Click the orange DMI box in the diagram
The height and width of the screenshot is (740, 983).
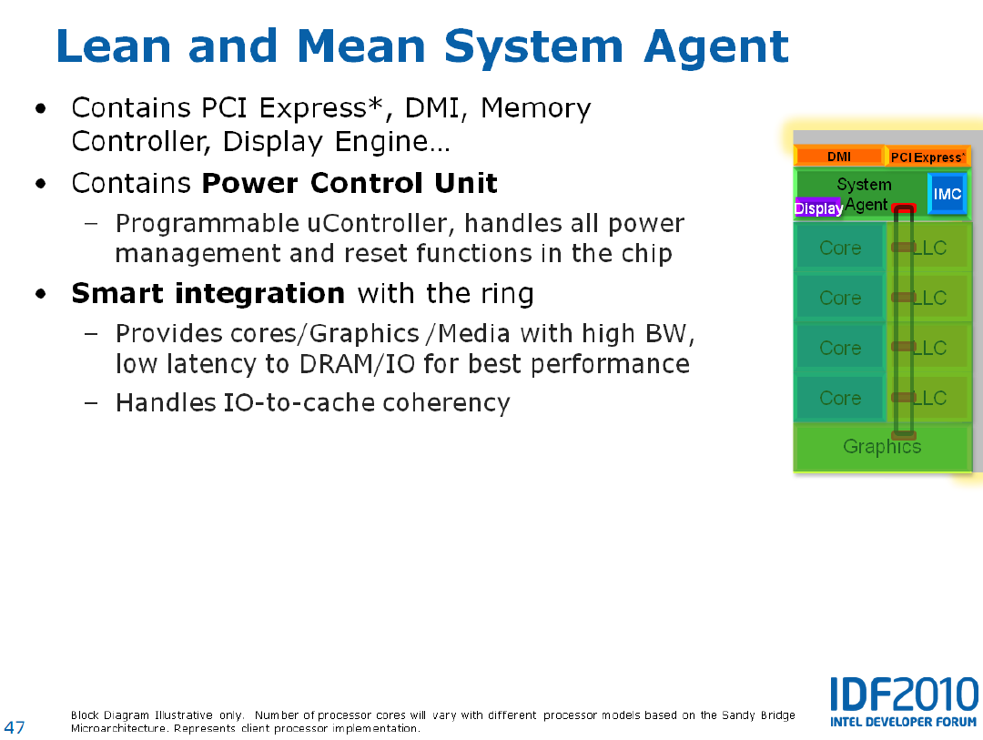(x=839, y=157)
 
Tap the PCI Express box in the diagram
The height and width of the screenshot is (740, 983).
(x=927, y=157)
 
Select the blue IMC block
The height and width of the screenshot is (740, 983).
(x=947, y=194)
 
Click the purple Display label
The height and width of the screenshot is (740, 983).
(x=818, y=208)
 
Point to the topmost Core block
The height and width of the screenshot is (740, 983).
(x=840, y=248)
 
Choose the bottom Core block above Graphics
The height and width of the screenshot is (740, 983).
(x=840, y=399)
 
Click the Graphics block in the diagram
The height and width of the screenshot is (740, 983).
(x=882, y=447)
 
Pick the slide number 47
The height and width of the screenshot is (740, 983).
(x=15, y=727)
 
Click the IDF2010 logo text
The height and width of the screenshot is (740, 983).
(x=904, y=694)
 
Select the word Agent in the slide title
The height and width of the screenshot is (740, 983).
(x=716, y=47)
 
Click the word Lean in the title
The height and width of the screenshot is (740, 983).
(x=114, y=46)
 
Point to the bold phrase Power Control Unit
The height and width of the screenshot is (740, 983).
(x=350, y=183)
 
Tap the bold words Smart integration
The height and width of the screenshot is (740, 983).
(x=208, y=293)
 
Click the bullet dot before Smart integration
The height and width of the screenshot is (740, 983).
(x=41, y=293)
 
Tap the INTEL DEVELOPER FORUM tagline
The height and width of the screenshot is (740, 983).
(x=904, y=722)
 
